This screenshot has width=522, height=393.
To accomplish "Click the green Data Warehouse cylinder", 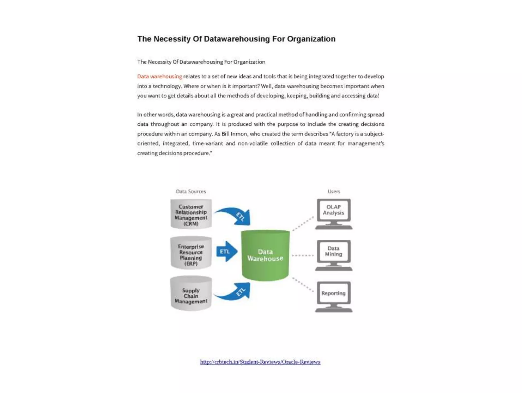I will click(265, 255).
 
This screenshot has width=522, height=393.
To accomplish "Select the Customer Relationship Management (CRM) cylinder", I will click(191, 215).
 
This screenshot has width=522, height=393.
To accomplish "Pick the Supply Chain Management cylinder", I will click(191, 295).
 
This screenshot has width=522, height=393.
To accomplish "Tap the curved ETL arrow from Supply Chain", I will click(234, 292).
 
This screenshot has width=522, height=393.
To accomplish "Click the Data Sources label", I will click(191, 191).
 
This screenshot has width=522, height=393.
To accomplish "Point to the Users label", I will click(334, 191).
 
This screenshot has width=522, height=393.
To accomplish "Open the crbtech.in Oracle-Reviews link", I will click(260, 362).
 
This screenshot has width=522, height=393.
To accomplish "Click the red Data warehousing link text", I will click(160, 76).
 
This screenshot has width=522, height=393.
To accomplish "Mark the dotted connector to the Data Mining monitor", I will click(303, 255).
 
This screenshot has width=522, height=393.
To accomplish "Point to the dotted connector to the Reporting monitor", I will click(303, 285).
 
